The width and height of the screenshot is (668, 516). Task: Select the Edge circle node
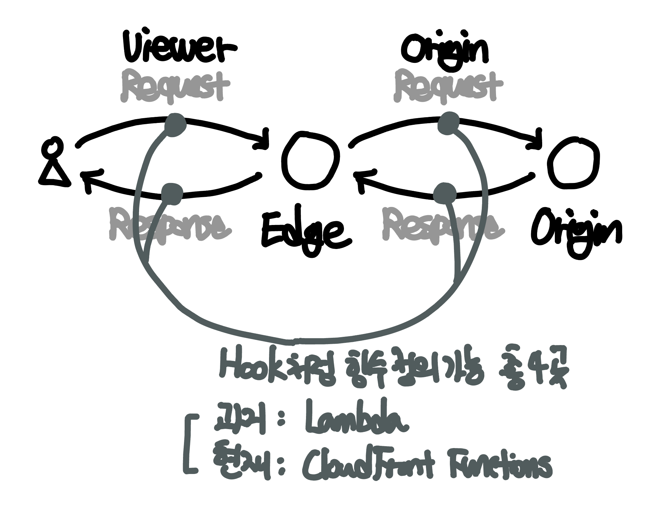[310, 161]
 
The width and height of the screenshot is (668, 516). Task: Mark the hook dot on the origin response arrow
[444, 193]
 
